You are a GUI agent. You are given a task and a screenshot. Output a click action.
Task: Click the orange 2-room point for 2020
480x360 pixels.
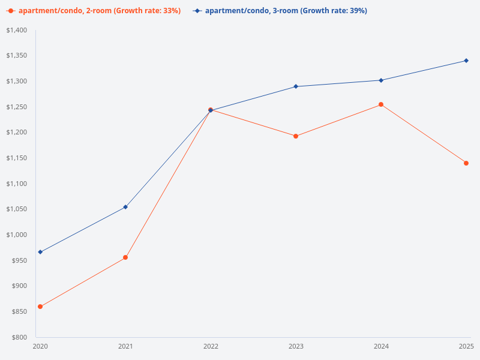tap(40, 307)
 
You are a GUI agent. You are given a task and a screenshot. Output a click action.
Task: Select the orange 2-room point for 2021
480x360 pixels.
tap(125, 257)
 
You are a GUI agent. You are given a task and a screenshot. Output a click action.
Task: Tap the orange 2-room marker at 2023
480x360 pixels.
tap(296, 136)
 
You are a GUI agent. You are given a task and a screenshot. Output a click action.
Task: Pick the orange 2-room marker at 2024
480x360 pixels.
tap(381, 104)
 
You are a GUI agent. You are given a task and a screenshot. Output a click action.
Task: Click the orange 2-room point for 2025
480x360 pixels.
tap(466, 163)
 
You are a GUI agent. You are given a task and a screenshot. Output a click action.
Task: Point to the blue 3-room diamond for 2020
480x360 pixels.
tap(40, 252)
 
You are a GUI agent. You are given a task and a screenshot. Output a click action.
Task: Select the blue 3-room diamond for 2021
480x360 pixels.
tap(125, 207)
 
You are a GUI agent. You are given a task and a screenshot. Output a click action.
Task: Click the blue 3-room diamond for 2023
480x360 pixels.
tap(296, 86)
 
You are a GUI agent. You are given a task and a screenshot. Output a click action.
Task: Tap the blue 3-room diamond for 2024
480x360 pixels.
tap(381, 80)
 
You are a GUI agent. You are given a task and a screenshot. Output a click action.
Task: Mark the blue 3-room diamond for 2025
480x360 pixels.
tap(466, 61)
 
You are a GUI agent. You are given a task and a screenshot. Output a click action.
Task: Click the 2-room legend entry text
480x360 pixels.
tap(100, 11)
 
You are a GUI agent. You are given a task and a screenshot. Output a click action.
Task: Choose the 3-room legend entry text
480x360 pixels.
tap(286, 11)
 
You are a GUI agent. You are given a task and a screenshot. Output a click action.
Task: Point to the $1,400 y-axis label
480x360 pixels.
tap(16, 30)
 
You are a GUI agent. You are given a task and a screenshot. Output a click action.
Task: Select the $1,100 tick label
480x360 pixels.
tap(16, 184)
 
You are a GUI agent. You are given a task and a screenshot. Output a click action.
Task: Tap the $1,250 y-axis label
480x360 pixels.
tap(16, 107)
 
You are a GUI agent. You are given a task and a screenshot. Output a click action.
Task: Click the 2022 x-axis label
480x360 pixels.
tap(211, 346)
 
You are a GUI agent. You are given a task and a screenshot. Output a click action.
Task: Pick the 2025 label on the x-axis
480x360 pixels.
tap(466, 346)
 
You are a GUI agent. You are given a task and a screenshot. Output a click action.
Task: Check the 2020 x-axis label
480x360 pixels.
tap(40, 346)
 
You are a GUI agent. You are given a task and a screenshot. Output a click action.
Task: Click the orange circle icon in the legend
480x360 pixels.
tap(11, 11)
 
